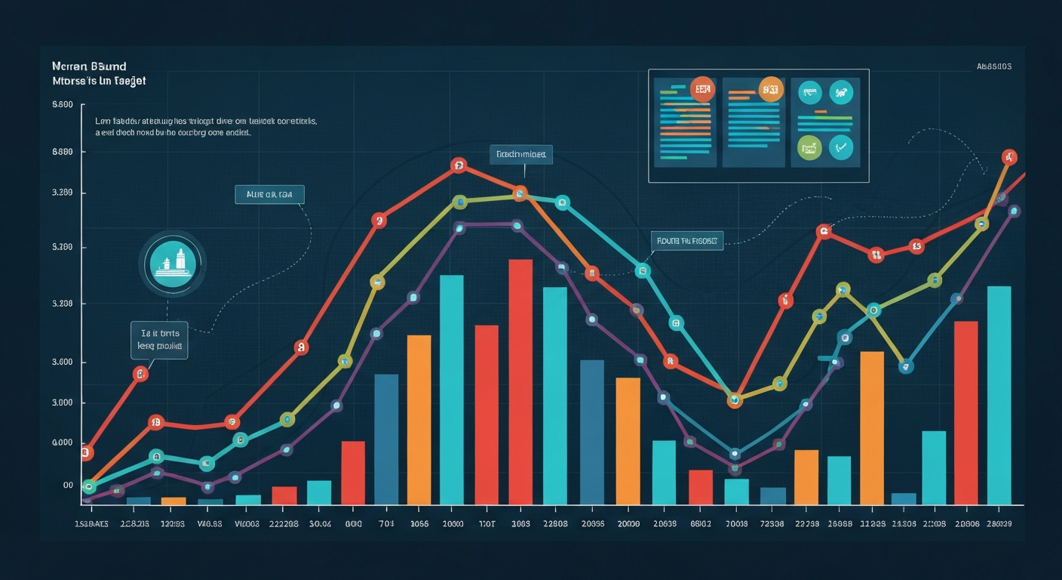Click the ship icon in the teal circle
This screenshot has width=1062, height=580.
click(173, 264)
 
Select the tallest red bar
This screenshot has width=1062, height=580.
click(520, 381)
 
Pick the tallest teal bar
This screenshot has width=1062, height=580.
click(451, 389)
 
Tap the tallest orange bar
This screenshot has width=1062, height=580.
click(872, 427)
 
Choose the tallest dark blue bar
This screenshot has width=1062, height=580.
click(386, 439)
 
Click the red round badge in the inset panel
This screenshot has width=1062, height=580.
click(701, 90)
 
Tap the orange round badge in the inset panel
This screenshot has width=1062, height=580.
click(769, 90)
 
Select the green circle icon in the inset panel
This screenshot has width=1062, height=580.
click(809, 148)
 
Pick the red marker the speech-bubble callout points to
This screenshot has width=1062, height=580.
click(140, 374)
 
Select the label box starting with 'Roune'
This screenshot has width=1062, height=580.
click(686, 242)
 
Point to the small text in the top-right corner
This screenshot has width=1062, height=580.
click(993, 66)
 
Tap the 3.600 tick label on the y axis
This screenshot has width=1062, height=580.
click(63, 362)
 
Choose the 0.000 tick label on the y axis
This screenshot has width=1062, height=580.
click(63, 443)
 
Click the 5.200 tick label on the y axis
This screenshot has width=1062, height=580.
click(63, 248)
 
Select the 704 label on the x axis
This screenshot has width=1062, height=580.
click(385, 524)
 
